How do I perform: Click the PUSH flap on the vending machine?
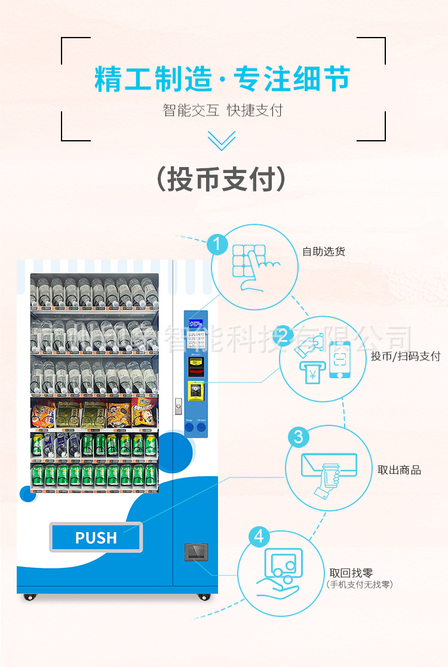(x=96, y=537)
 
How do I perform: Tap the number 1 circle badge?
(x=217, y=244)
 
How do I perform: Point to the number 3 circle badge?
(x=298, y=437)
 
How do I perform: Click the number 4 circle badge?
(x=259, y=536)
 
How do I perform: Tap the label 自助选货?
(x=324, y=252)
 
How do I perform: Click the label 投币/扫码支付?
(x=406, y=356)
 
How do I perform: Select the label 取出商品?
(x=399, y=470)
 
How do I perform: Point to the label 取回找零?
(x=351, y=573)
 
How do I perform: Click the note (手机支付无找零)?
(x=360, y=585)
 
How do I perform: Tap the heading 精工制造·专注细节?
(x=222, y=79)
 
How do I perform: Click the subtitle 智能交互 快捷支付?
(x=222, y=110)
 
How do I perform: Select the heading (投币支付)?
(x=221, y=178)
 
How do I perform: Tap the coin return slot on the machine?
(x=196, y=552)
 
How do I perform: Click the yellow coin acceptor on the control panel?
(x=196, y=391)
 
